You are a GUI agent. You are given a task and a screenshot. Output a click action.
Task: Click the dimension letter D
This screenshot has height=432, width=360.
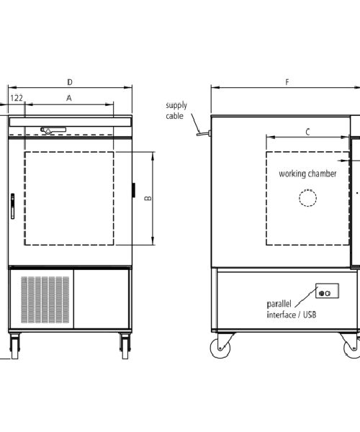click(70, 82)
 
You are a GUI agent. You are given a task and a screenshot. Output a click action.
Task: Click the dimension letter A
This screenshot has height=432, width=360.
click(69, 98)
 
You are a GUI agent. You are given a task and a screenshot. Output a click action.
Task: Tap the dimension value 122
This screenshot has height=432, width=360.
click(17, 98)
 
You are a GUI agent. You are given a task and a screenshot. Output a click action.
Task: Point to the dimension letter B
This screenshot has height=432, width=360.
click(148, 198)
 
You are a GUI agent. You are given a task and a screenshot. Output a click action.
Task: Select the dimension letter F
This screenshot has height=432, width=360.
click(287, 82)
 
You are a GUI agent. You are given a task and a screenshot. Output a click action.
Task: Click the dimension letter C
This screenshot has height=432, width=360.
click(307, 132)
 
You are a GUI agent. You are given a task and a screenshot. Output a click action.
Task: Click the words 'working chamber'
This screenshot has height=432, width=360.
click(307, 174)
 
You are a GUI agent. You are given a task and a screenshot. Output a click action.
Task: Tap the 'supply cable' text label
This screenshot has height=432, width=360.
click(176, 110)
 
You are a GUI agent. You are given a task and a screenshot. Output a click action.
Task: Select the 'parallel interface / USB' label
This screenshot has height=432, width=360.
click(292, 310)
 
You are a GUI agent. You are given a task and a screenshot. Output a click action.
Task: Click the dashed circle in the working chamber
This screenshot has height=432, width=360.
click(307, 189)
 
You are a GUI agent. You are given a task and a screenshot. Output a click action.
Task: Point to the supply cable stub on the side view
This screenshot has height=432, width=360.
click(203, 134)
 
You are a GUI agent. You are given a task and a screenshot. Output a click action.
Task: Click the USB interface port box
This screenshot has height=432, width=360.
click(327, 291)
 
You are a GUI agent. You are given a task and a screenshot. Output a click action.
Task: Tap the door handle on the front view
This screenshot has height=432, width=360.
click(12, 206)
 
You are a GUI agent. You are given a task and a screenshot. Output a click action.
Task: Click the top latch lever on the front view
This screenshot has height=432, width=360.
click(53, 130)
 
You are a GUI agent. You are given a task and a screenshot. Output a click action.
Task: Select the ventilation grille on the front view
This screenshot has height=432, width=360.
click(45, 300)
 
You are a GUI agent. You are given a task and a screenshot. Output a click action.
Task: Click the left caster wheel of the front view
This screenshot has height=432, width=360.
click(15, 346)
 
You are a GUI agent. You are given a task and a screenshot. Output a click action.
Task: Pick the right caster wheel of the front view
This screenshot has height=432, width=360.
click(125, 346)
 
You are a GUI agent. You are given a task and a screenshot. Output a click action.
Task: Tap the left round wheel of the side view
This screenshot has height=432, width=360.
click(220, 348)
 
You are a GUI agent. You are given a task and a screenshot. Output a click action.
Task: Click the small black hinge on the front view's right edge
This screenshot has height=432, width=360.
click(134, 190)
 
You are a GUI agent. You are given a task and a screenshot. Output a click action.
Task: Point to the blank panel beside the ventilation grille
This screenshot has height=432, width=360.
click(102, 299)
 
